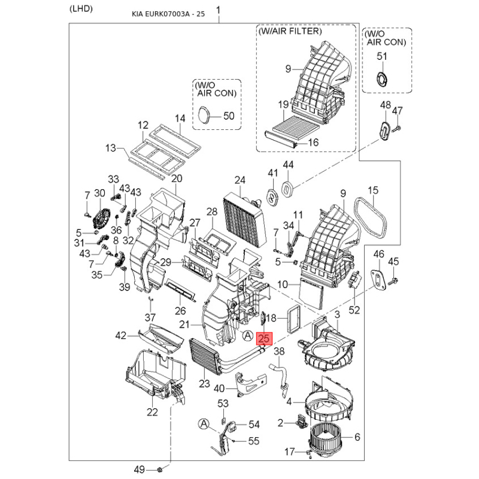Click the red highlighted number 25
coord(264,339)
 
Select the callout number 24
coord(240,180)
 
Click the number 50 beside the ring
coord(229,116)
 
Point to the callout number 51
coord(382,56)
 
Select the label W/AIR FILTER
coord(290,31)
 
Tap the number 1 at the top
coord(218,10)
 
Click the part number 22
coord(152,411)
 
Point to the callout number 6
coord(357,437)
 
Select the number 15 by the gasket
coord(373,190)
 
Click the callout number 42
coord(121,335)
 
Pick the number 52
coord(354,310)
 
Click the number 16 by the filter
coord(314,143)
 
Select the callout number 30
coord(99,193)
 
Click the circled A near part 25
coord(247,336)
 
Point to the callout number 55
coord(254,441)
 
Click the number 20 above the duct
coord(177,178)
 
